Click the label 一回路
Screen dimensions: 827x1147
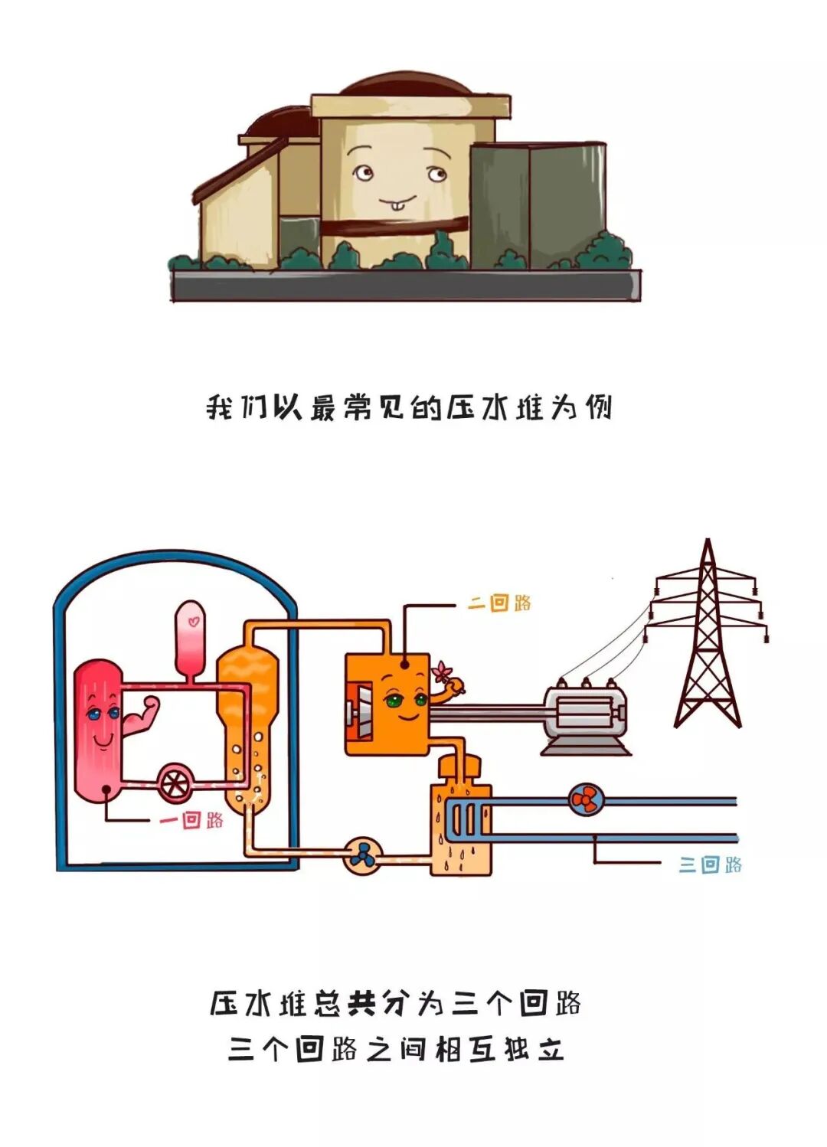(191, 820)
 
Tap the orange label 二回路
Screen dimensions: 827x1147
(500, 603)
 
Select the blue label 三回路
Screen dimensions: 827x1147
(711, 864)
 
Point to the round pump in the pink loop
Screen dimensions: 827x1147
(175, 782)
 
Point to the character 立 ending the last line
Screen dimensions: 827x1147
(551, 1048)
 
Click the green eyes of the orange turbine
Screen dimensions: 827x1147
(407, 700)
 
